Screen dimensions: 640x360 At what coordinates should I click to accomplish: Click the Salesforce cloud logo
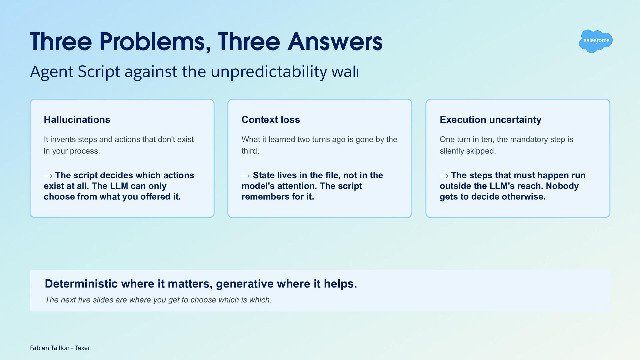click(596, 41)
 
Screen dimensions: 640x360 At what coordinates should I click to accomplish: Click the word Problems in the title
click(155, 42)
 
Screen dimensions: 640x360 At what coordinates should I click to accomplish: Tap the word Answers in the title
click(335, 42)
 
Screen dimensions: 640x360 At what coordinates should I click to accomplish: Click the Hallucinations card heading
click(77, 120)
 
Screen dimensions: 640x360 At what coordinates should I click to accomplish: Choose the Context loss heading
click(271, 120)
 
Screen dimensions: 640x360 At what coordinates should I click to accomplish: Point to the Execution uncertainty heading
click(490, 120)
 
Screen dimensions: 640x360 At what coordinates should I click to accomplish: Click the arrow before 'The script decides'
click(48, 176)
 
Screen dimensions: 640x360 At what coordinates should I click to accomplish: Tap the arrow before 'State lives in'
click(246, 176)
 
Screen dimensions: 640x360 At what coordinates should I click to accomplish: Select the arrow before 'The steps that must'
click(444, 176)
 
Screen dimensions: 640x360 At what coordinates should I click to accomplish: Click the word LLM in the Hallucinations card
click(119, 186)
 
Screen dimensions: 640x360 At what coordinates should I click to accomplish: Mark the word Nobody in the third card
click(562, 186)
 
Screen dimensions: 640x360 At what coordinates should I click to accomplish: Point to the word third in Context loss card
click(250, 151)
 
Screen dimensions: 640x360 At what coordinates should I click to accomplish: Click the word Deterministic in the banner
click(81, 284)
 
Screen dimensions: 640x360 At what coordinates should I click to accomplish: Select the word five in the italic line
click(84, 300)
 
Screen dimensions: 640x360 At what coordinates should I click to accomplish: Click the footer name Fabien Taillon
click(50, 348)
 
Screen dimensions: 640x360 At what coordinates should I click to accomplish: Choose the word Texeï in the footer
click(82, 348)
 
